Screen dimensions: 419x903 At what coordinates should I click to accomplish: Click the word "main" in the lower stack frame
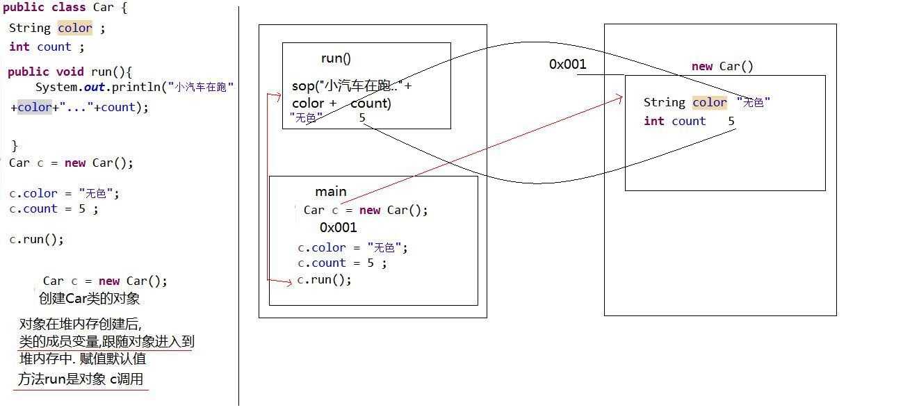(x=330, y=192)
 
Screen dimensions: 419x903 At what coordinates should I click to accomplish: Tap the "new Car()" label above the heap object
(x=722, y=67)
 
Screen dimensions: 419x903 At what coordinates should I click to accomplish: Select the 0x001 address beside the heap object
(x=567, y=65)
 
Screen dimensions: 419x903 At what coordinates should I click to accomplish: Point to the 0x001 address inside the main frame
(x=338, y=227)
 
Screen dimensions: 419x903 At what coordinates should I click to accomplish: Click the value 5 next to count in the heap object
(x=731, y=121)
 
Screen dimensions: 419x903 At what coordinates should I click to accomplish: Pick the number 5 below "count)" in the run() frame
(x=362, y=117)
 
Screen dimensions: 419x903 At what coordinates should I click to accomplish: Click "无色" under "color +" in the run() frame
(x=302, y=118)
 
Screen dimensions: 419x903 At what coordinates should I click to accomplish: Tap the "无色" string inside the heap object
(x=754, y=103)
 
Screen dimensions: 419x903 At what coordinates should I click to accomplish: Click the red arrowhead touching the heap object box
(x=619, y=98)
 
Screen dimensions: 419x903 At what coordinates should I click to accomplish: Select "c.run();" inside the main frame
(x=324, y=280)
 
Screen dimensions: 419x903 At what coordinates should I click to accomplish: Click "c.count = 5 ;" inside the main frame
(x=341, y=263)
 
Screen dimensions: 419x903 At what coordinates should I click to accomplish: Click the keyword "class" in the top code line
(x=68, y=8)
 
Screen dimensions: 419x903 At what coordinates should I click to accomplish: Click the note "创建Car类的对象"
(x=89, y=299)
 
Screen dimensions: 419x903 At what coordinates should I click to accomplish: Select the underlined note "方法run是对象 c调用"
(x=81, y=379)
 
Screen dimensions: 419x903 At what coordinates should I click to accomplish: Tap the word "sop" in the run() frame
(x=302, y=87)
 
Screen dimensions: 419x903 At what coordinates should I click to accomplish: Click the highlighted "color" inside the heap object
(x=709, y=103)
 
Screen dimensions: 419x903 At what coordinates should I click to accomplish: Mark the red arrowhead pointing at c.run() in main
(x=290, y=281)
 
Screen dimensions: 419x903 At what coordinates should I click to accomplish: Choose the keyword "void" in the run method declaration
(x=68, y=72)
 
